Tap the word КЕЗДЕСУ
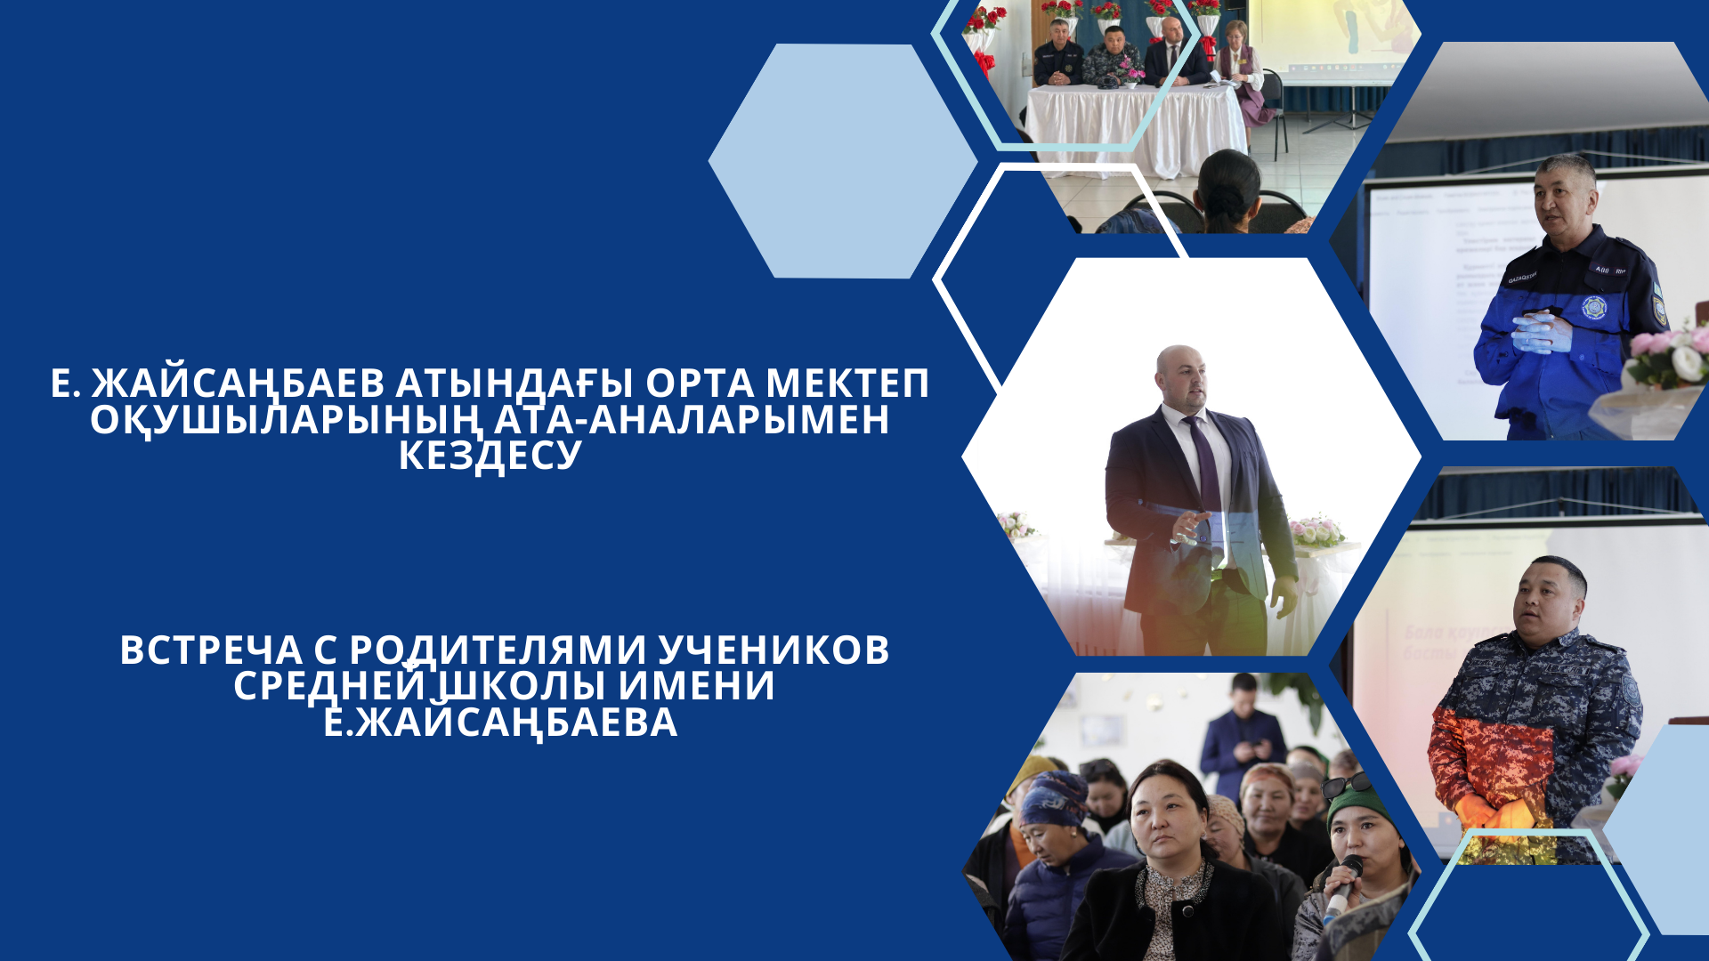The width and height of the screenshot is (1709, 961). coord(490,456)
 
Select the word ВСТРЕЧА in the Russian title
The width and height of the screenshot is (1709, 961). coord(210,650)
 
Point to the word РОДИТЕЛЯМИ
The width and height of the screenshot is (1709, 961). coord(498,650)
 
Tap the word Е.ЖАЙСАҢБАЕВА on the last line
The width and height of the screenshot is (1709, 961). coord(500,722)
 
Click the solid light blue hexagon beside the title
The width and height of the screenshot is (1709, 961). coord(842,161)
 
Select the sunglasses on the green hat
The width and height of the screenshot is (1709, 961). coord(1346,784)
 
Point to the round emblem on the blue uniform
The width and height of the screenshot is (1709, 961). coord(1594,308)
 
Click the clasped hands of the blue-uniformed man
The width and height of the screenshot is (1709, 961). coord(1540,332)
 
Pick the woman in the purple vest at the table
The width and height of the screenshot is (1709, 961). coord(1243,62)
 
